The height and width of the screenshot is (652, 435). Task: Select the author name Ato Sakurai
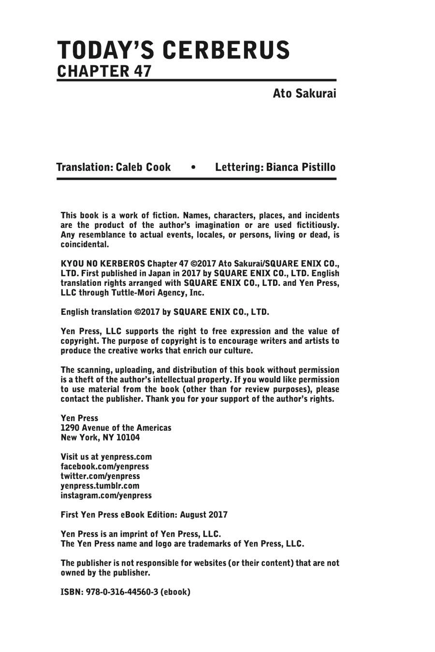(x=304, y=93)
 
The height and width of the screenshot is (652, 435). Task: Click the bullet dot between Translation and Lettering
(x=193, y=168)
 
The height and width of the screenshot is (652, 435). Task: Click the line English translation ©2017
(x=164, y=312)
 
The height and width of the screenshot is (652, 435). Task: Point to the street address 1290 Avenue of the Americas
(x=116, y=428)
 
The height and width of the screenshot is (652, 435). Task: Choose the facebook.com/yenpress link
(x=104, y=467)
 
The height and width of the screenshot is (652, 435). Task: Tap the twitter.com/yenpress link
(x=100, y=476)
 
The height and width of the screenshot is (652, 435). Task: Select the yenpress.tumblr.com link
(x=100, y=486)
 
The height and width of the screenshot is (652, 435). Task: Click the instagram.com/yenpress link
(x=106, y=496)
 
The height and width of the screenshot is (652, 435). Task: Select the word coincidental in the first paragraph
(x=84, y=244)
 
